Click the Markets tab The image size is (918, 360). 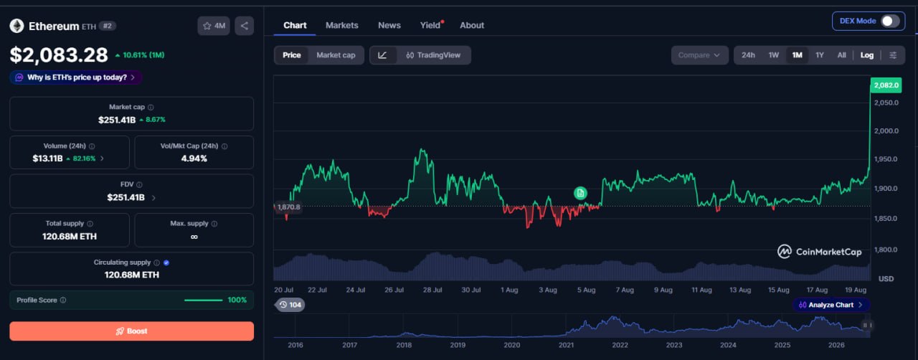[x=342, y=25]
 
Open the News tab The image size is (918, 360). [x=389, y=25]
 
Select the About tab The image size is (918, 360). [x=472, y=25]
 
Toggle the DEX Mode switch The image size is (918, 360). [x=890, y=21]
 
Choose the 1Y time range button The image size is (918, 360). [x=819, y=55]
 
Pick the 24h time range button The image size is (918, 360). [x=748, y=55]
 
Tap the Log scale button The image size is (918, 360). [x=867, y=55]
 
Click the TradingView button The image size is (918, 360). [x=434, y=55]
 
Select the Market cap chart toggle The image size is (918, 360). [x=336, y=55]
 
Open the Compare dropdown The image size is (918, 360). [x=699, y=55]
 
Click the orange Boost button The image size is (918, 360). [x=131, y=331]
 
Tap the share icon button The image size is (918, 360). [x=245, y=26]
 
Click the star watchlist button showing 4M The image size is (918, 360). [x=214, y=26]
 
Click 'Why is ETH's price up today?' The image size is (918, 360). [x=76, y=77]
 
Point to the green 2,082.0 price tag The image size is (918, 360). [x=886, y=85]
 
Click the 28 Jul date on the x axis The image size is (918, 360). [x=432, y=290]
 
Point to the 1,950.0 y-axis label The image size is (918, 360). [x=886, y=159]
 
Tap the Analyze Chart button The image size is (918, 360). [x=831, y=305]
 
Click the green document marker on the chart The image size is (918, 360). [x=580, y=193]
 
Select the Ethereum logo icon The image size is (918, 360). [x=16, y=26]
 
